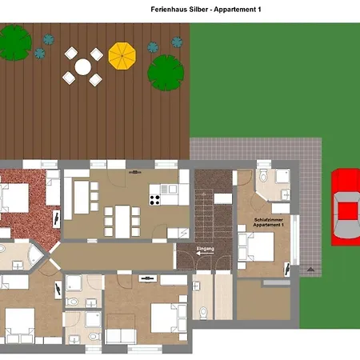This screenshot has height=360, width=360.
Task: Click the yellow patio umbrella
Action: click(x=122, y=56)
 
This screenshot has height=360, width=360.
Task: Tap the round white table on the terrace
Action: click(x=83, y=66)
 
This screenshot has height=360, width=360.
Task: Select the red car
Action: click(x=346, y=206)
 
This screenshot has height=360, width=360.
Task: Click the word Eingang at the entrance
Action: click(x=206, y=249)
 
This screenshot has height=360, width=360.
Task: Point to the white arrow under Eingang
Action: click(x=205, y=253)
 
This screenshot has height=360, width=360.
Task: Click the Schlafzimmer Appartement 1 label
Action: click(x=269, y=222)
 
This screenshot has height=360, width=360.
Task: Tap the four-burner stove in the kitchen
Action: click(x=155, y=200)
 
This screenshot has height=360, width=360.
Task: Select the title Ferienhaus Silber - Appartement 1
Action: click(x=206, y=10)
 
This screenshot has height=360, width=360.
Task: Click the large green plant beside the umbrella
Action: click(x=166, y=73)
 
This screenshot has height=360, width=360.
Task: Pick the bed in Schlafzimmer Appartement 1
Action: click(x=256, y=247)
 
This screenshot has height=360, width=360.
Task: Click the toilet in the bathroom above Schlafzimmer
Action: click(x=263, y=175)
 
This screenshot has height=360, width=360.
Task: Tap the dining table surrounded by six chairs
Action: click(x=122, y=222)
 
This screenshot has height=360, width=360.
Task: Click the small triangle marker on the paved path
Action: click(x=310, y=270)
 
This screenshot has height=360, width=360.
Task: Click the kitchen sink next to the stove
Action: click(x=169, y=189)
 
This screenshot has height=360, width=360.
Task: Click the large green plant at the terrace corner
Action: click(x=14, y=42)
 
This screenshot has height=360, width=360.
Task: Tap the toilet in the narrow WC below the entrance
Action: click(x=203, y=312)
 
